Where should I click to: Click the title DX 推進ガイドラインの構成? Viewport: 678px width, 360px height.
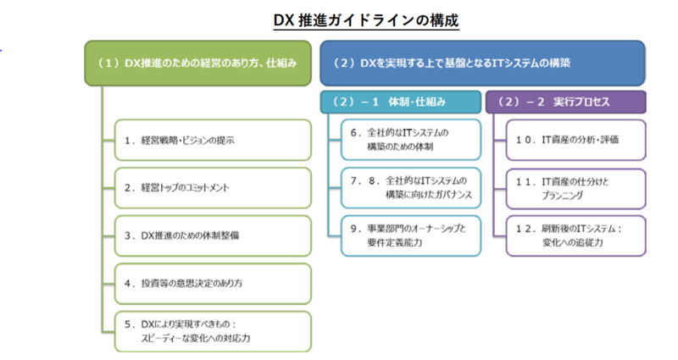click(366, 20)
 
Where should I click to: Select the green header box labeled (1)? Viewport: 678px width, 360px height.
click(197, 63)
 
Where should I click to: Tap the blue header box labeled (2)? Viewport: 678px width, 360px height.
click(482, 63)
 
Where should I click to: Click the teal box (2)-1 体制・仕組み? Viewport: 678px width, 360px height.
click(400, 102)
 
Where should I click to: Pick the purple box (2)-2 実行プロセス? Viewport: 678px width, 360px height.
click(566, 102)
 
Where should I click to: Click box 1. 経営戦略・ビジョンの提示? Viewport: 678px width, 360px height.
click(213, 140)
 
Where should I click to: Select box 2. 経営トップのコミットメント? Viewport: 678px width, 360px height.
click(213, 188)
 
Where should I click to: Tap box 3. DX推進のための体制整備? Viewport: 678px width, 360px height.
click(213, 235)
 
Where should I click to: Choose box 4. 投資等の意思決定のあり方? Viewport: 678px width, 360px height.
click(213, 284)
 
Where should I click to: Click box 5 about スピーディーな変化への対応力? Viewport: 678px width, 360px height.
click(213, 331)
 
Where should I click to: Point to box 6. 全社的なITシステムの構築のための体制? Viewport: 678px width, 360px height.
click(411, 140)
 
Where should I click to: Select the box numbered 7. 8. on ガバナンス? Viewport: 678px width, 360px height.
click(411, 188)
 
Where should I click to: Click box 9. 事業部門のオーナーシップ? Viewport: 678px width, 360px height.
click(411, 235)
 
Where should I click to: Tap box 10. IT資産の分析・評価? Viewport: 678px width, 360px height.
click(576, 140)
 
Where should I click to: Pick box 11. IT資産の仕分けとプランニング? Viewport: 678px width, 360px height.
click(576, 189)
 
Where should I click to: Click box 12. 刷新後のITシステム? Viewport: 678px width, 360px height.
click(576, 235)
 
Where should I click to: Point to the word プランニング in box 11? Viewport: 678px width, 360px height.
click(562, 196)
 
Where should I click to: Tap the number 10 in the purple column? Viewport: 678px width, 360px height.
click(524, 140)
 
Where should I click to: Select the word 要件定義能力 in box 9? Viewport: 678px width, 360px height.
click(394, 242)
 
